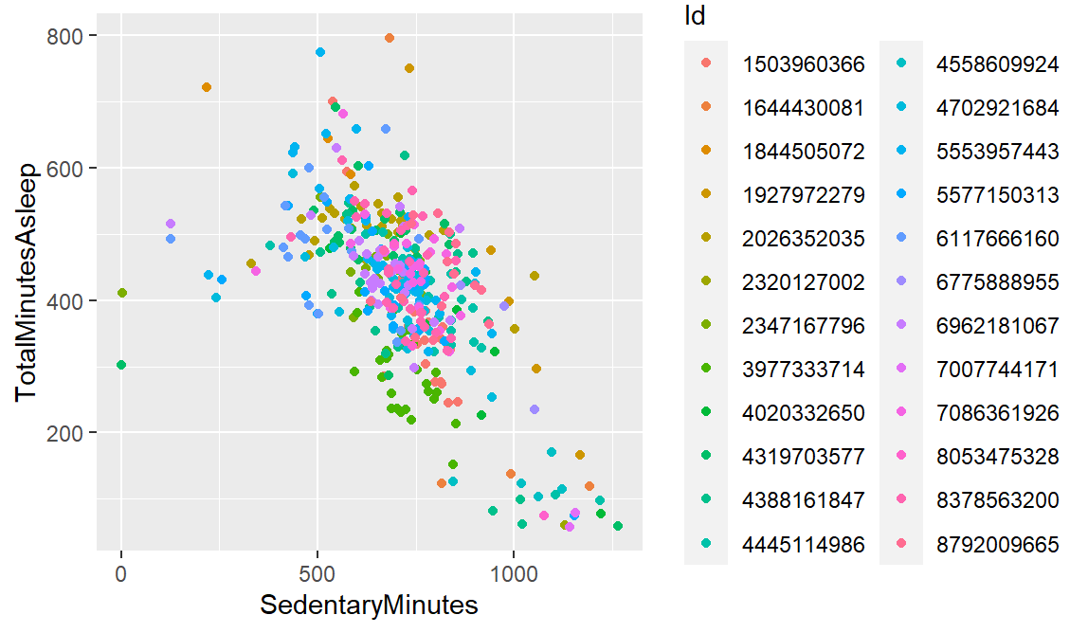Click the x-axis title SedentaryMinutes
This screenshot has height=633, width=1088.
[370, 605]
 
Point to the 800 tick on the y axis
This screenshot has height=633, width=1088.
[73, 36]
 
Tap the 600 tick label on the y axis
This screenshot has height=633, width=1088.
[73, 169]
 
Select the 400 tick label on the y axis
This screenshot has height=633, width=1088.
[73, 301]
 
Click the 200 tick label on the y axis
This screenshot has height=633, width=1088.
[73, 433]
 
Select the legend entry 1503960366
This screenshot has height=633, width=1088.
[804, 64]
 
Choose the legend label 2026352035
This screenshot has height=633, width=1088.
[804, 239]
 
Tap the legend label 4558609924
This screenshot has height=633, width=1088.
[997, 64]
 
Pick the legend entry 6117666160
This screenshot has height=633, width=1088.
[997, 239]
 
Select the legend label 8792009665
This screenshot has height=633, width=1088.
[997, 544]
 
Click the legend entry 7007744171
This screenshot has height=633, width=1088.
[997, 370]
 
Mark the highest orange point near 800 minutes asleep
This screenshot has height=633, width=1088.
[390, 38]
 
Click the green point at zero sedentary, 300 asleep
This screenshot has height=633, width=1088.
[121, 365]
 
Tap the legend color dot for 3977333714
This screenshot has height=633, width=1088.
[705, 370]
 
